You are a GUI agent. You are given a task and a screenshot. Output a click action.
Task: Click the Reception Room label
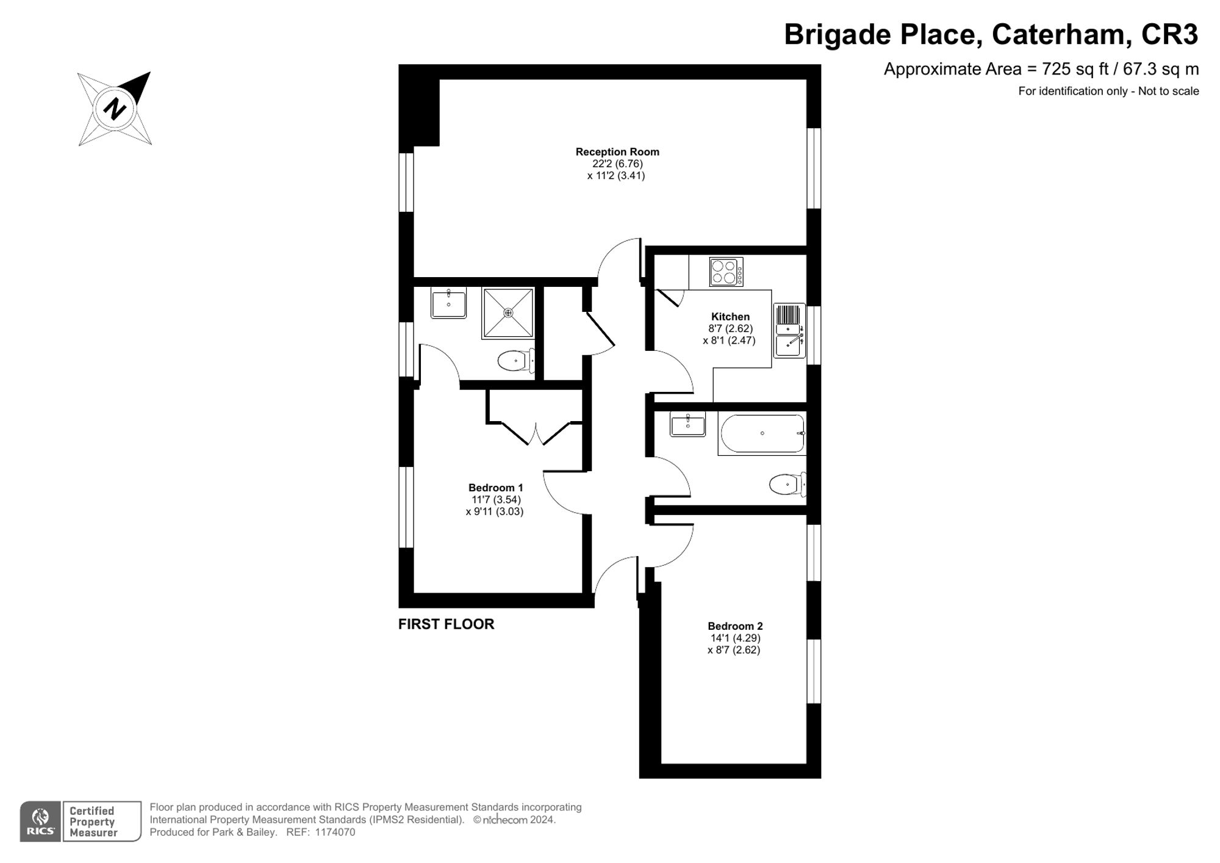pyautogui.click(x=617, y=152)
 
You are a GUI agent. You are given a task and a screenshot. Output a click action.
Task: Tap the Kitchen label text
pyautogui.click(x=730, y=317)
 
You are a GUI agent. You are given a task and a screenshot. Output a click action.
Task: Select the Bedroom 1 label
pyautogui.click(x=495, y=488)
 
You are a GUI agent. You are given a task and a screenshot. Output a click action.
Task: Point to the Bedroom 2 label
pyautogui.click(x=734, y=626)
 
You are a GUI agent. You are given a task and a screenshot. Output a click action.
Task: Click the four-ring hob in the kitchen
pyautogui.click(x=726, y=272)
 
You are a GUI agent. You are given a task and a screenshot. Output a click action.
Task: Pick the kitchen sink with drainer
pyautogui.click(x=789, y=330)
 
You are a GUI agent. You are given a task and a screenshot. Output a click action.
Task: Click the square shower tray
pyautogui.click(x=508, y=312)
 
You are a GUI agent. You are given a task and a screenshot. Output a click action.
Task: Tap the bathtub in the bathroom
pyautogui.click(x=762, y=433)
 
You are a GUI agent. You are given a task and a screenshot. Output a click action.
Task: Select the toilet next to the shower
pyautogui.click(x=515, y=361)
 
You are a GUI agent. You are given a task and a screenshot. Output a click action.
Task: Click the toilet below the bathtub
pyautogui.click(x=787, y=485)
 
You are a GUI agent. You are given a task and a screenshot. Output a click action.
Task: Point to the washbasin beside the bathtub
pyautogui.click(x=687, y=424)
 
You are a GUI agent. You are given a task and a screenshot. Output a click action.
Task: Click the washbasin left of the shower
pyautogui.click(x=448, y=303)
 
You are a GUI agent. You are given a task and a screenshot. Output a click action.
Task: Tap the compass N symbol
pyautogui.click(x=114, y=110)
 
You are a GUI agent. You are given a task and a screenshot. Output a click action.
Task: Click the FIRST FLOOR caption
pyautogui.click(x=446, y=624)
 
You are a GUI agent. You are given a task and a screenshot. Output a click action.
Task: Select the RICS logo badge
pyautogui.click(x=40, y=821)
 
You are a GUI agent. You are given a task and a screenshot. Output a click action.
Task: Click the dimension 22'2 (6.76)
pyautogui.click(x=617, y=164)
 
